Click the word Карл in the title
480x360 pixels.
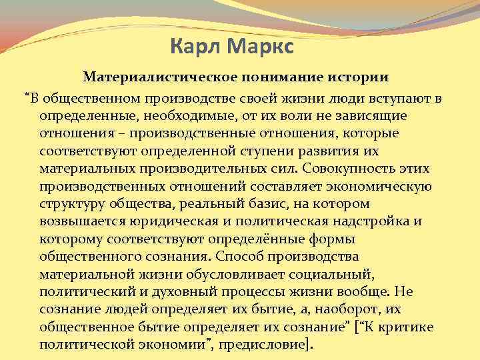coord(194,47)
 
